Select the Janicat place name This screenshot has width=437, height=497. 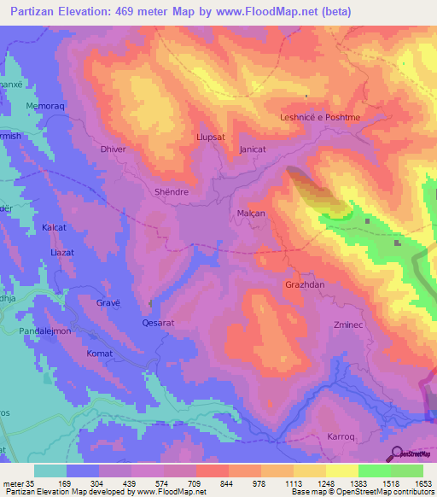tap(253, 149)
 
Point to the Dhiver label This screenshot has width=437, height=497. tap(114, 149)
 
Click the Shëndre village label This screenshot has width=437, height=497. tap(171, 192)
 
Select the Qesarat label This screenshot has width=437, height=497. tap(158, 324)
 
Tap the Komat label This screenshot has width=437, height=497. tap(99, 353)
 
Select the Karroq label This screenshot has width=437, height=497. tap(341, 436)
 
